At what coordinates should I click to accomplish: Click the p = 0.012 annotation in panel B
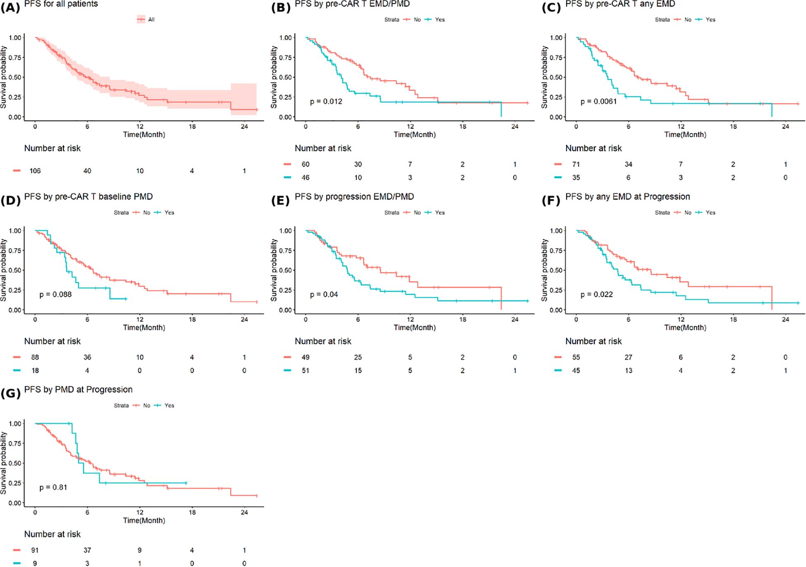pos(326,102)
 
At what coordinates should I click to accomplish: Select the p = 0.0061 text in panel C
pos(598,102)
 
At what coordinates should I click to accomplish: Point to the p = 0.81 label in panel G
pos(53,488)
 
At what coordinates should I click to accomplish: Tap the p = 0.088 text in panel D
pos(55,294)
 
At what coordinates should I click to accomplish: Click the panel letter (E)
pos(280,201)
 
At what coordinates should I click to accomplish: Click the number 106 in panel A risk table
pos(35,171)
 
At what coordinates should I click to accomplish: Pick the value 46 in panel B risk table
pos(306,177)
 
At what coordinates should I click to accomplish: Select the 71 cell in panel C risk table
pos(576,164)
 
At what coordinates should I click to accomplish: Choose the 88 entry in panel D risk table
pos(35,357)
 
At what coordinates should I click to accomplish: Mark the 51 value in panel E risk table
pos(306,371)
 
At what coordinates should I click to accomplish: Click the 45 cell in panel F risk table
pos(576,371)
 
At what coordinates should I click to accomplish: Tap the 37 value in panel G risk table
pos(87,550)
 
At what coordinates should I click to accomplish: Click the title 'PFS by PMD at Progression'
pos(78,390)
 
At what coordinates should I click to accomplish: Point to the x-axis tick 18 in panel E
pos(462,319)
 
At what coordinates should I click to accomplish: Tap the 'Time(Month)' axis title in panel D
pos(144,328)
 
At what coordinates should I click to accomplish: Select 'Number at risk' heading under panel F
pos(593,342)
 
